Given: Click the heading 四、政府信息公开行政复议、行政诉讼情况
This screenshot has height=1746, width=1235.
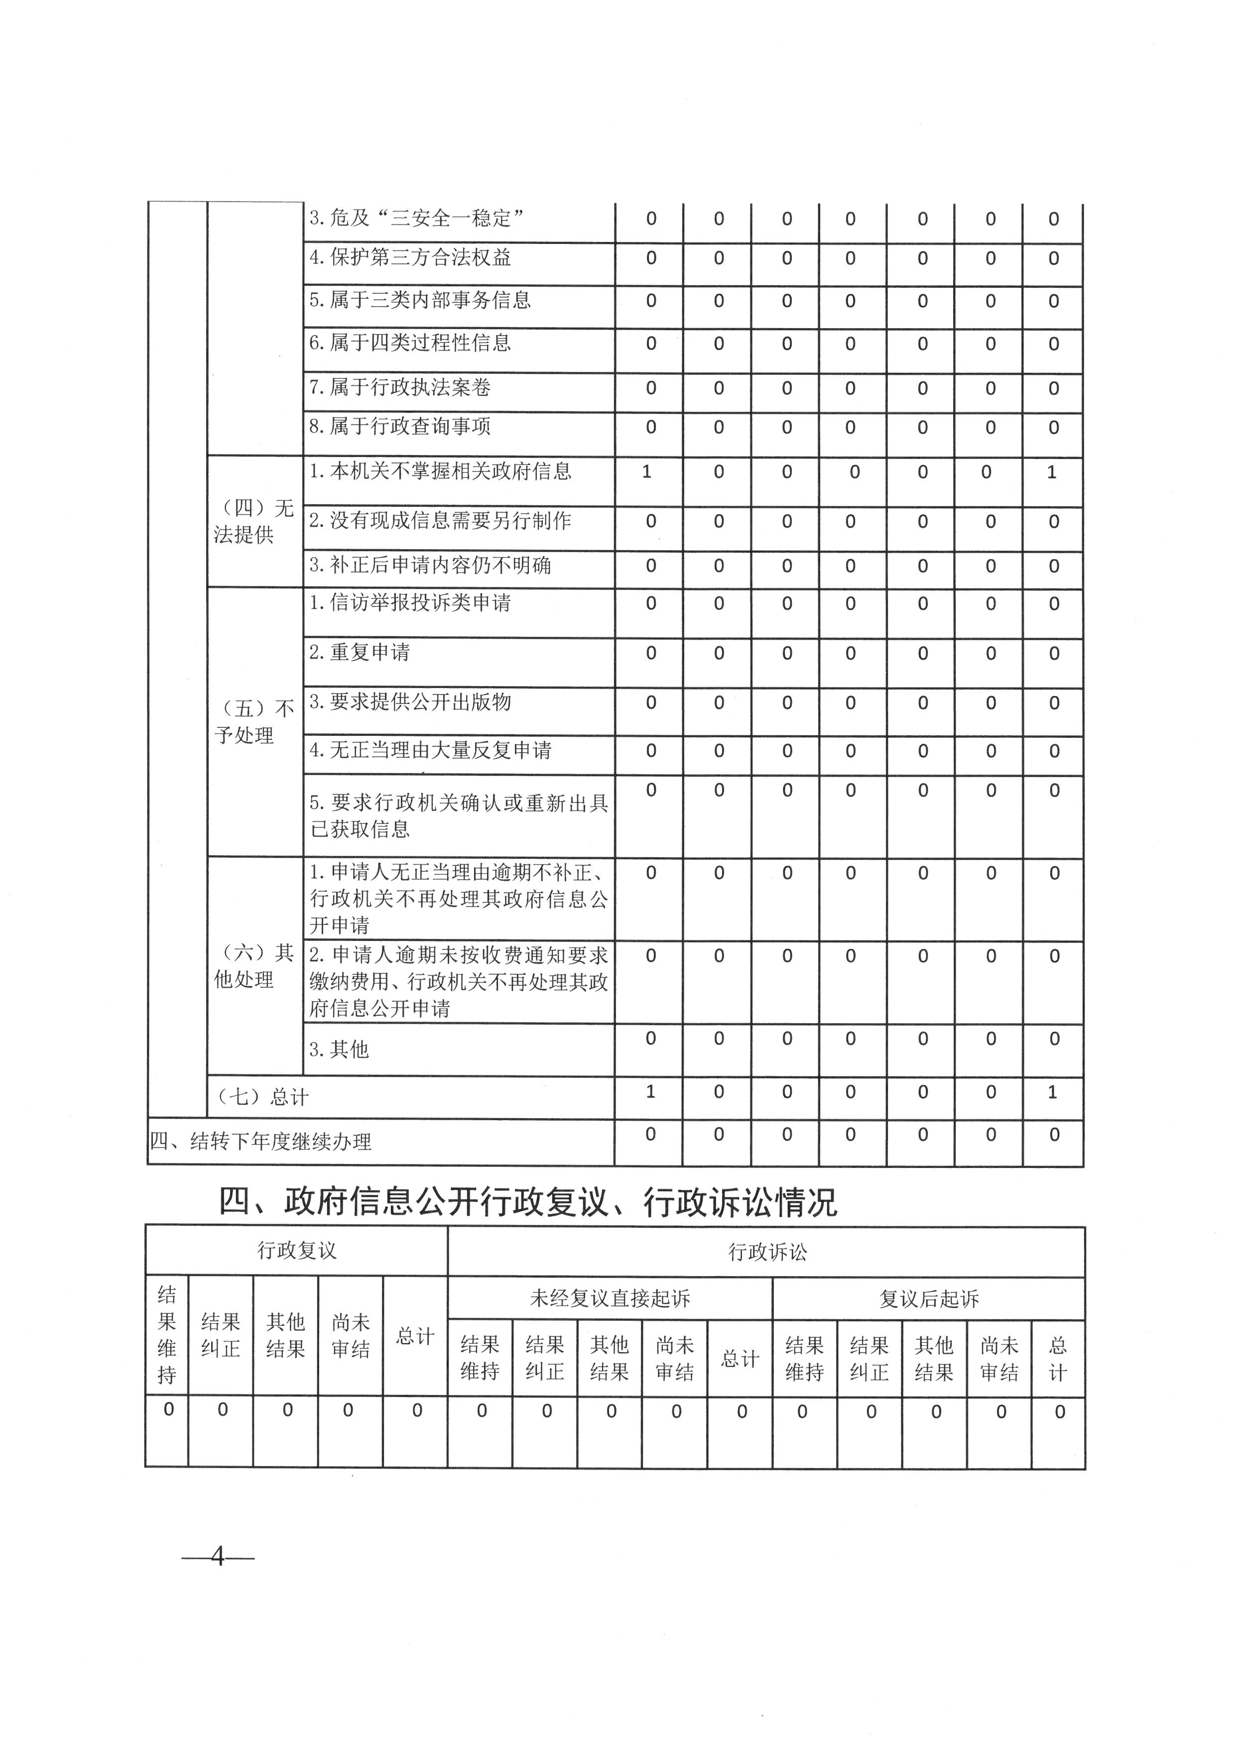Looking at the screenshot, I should point(528,1202).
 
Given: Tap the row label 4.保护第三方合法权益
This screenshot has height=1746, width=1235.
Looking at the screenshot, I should point(410,258).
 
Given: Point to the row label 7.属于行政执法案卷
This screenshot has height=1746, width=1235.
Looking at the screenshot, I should point(399,388).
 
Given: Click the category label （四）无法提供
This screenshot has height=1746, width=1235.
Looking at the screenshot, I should point(254,522).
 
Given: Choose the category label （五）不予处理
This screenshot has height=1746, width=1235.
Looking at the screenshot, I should point(254,722).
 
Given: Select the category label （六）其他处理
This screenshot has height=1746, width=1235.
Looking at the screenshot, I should point(254,966).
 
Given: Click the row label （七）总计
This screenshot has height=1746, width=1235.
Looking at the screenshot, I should point(263,1097).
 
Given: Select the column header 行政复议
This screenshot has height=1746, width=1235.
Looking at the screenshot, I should point(297,1251).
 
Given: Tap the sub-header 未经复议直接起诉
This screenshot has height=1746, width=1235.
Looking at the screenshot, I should point(610,1298).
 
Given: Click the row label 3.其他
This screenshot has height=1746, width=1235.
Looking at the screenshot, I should point(339,1049).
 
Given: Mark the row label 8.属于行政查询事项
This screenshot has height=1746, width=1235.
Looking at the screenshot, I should point(399,427).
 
